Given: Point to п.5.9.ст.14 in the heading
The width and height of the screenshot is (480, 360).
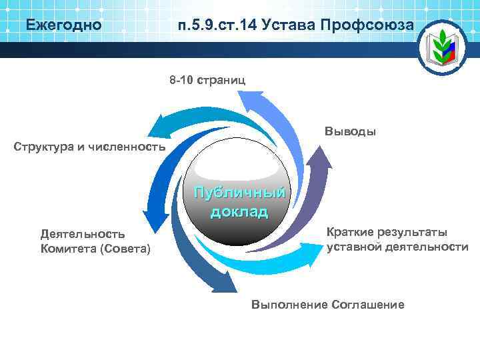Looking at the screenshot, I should pyautogui.click(x=217, y=26).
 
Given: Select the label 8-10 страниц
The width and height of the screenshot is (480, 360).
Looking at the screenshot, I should pyautogui.click(x=207, y=80).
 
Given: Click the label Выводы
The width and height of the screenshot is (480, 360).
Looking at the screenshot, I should pyautogui.click(x=351, y=131).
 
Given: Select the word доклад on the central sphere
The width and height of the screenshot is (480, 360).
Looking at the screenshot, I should pyautogui.click(x=239, y=213).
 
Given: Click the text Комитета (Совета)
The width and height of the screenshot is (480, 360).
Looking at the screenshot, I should pyautogui.click(x=96, y=249).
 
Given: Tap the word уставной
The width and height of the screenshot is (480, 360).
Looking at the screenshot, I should pyautogui.click(x=352, y=247).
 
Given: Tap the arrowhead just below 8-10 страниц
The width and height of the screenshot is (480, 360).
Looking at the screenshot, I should pyautogui.click(x=253, y=100).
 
